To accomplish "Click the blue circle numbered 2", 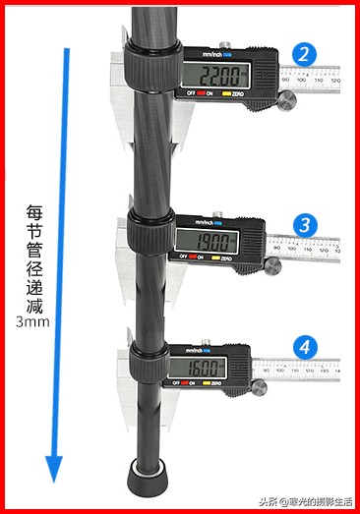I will click(x=306, y=54).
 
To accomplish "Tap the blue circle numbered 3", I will click(x=306, y=225).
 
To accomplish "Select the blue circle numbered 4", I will click(x=306, y=347).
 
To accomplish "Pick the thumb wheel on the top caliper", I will click(x=287, y=100).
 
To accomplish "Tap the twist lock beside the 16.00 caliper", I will click(x=146, y=362).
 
